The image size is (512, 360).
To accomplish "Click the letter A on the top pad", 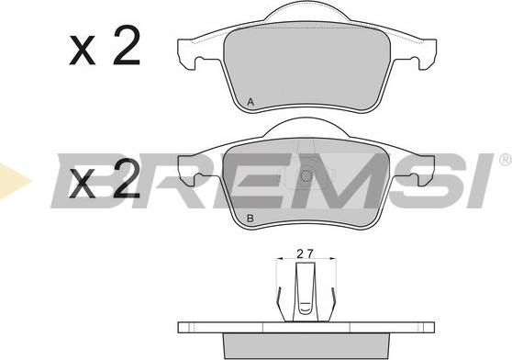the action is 250,102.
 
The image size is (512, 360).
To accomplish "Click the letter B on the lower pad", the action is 250,219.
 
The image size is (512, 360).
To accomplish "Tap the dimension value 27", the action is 305,253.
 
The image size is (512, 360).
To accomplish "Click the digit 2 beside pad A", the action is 127,45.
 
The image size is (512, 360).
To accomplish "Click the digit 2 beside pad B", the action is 127,179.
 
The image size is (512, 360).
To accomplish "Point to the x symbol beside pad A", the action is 83,50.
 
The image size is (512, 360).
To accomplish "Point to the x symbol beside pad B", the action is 83,184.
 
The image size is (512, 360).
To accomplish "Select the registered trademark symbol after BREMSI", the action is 506,159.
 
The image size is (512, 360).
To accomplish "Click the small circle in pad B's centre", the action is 306,176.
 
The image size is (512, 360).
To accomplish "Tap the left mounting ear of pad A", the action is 190,54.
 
